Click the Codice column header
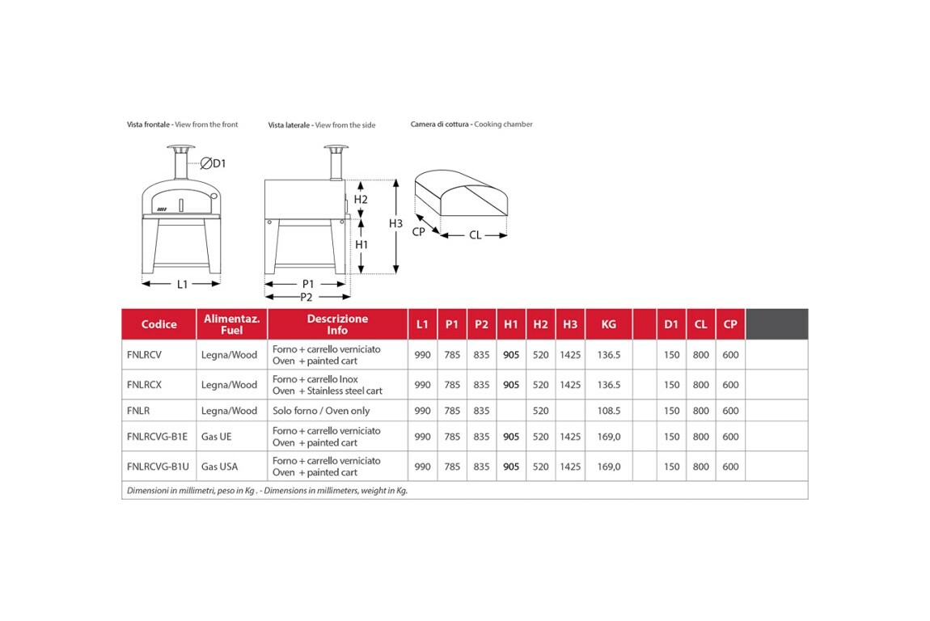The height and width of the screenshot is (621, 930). point(159,324)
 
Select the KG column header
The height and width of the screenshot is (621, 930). point(609,324)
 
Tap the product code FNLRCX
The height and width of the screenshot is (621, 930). point(144,385)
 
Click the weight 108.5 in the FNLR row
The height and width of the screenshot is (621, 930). point(608,411)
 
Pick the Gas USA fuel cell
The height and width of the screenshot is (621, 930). point(219,467)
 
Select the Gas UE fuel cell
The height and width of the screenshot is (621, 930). point(216,437)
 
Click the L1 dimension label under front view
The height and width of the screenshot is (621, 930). point(183,284)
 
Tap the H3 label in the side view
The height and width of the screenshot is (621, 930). point(395,223)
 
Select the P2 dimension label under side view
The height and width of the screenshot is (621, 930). point(307,297)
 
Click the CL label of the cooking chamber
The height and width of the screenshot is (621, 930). point(476,235)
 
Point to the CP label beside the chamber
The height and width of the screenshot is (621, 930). point(418,231)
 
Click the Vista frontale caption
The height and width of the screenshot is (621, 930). point(182,125)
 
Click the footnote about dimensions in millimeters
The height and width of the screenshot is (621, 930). point(267,490)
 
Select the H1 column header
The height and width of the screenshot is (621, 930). point(511,324)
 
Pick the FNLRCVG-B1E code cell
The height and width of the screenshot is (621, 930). point(157,437)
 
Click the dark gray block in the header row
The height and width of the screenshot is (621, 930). point(776,323)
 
